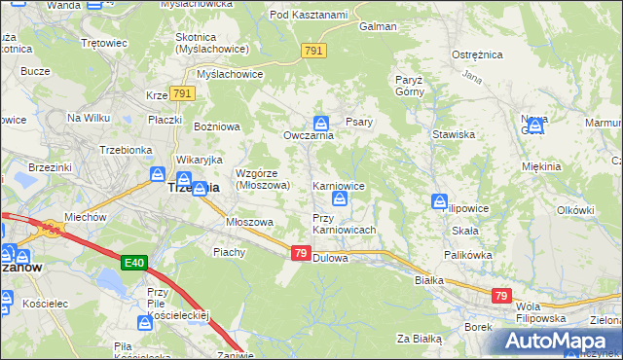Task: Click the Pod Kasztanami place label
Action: [x=309, y=16]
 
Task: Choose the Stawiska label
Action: [x=453, y=134]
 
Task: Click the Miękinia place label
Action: [x=540, y=166]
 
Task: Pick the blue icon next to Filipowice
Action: [x=440, y=201]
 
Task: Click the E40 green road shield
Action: [x=135, y=263]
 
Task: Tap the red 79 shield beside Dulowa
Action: [x=301, y=253]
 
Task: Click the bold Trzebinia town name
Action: [x=194, y=187]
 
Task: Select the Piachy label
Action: [x=229, y=252]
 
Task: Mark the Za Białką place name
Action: [x=419, y=339]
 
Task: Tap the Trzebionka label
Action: [x=124, y=150]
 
